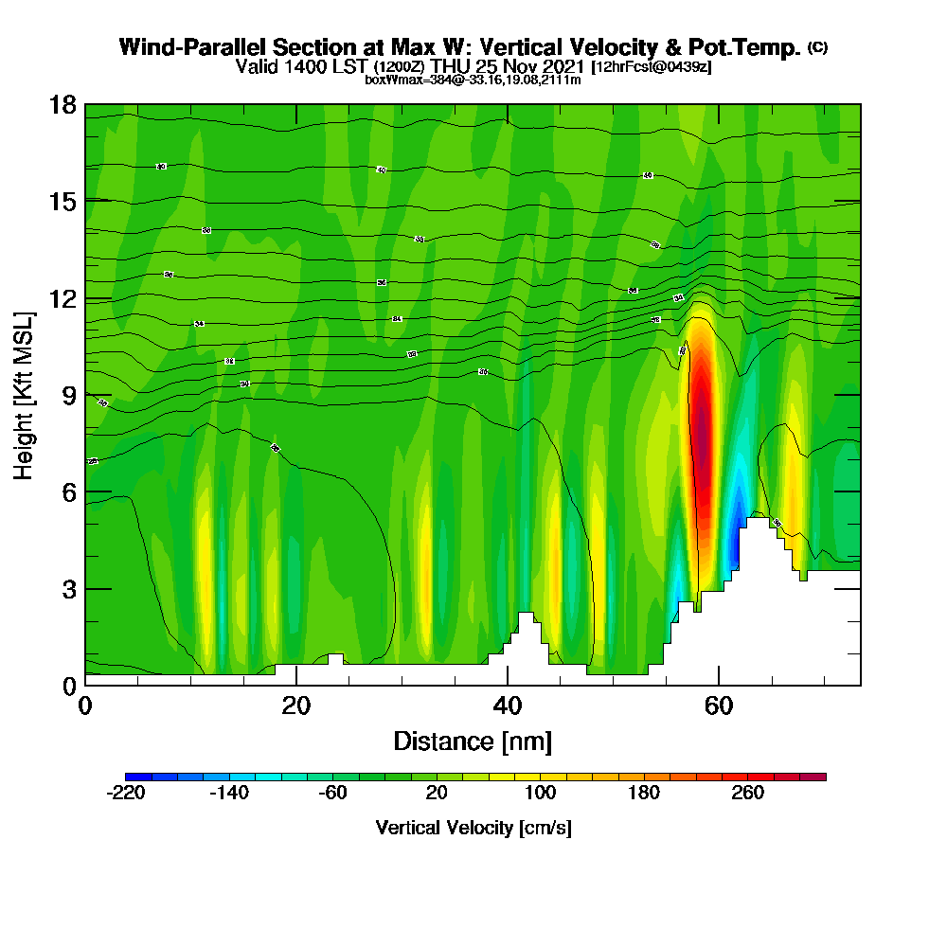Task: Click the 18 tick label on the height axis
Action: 62,105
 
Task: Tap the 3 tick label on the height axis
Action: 68,589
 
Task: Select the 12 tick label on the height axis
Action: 62,298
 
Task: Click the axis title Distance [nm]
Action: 473,741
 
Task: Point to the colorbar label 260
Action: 748,794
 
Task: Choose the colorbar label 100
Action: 540,794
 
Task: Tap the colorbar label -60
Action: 332,794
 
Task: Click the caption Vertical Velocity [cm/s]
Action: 473,828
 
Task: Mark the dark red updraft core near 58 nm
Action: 702,426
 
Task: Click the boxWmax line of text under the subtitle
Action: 473,80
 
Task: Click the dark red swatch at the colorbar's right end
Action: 814,777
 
